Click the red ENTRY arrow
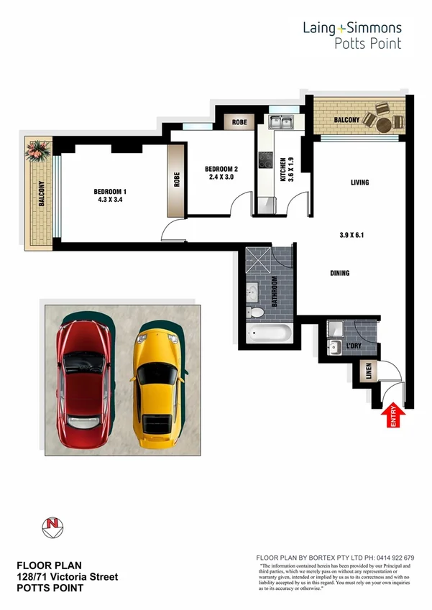click(x=394, y=417)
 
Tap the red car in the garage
click(x=83, y=374)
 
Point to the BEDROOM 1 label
click(x=110, y=192)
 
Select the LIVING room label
click(x=359, y=182)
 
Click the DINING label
click(x=339, y=273)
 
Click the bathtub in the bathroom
click(x=268, y=335)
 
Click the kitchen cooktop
click(x=265, y=162)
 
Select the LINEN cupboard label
click(x=368, y=372)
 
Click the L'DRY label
click(x=353, y=347)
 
